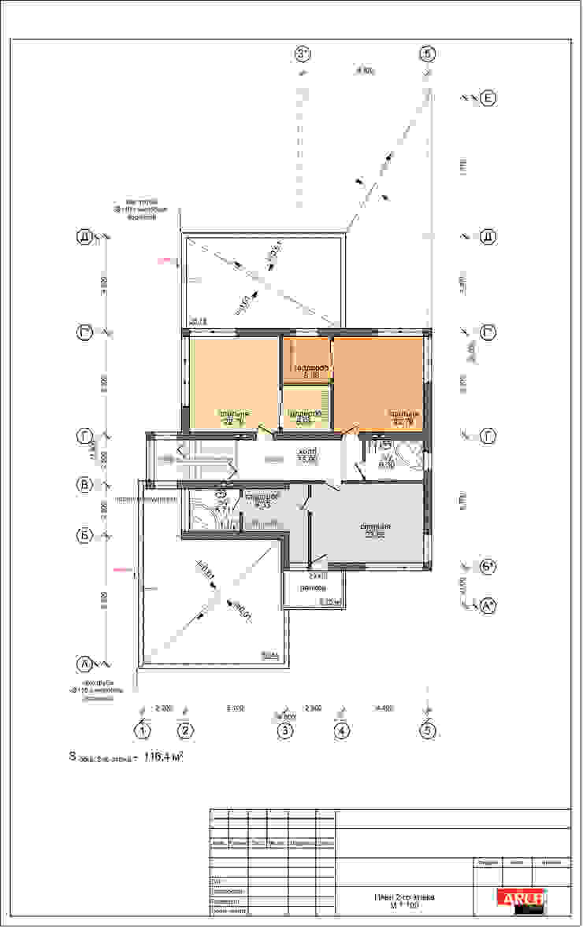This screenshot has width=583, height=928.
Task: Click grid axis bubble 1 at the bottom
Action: tap(143, 731)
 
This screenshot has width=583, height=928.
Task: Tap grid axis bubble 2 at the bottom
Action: tap(185, 731)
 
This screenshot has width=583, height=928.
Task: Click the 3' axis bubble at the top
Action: tap(304, 54)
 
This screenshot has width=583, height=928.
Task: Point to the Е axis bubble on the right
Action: tap(488, 98)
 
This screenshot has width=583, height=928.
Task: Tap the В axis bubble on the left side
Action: tap(84, 484)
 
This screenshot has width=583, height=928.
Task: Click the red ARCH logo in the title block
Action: tap(521, 898)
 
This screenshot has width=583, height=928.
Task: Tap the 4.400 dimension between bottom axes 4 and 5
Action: tap(384, 708)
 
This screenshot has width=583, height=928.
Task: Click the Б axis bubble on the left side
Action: tap(84, 535)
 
